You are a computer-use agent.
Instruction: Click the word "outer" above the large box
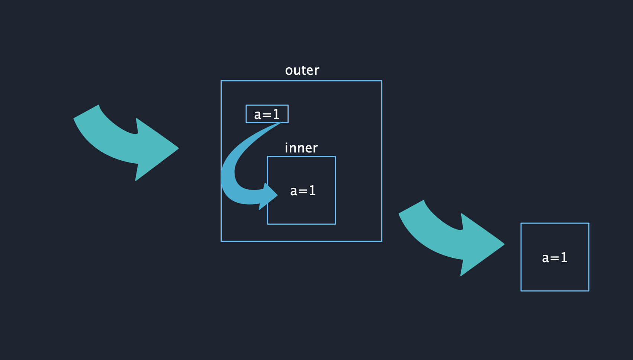pos(302,70)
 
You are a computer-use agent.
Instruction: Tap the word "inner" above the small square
pos(301,148)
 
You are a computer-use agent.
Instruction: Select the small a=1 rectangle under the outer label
pos(267,114)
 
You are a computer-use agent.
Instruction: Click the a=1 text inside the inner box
pos(303,191)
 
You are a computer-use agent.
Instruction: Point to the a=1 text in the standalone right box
pos(555,258)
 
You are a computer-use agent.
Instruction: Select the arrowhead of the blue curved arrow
pos(269,196)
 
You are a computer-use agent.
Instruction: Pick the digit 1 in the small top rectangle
pos(276,114)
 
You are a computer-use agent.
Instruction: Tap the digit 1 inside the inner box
pos(312,191)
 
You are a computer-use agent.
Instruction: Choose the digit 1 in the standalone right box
pos(564,258)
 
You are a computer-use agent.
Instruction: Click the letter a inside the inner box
pos(294,192)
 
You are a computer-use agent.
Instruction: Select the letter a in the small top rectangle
pos(258,115)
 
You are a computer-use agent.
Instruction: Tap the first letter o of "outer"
pos(289,71)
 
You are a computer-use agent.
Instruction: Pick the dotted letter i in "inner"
pos(286,148)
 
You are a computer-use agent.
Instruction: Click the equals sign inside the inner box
pos(303,192)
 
